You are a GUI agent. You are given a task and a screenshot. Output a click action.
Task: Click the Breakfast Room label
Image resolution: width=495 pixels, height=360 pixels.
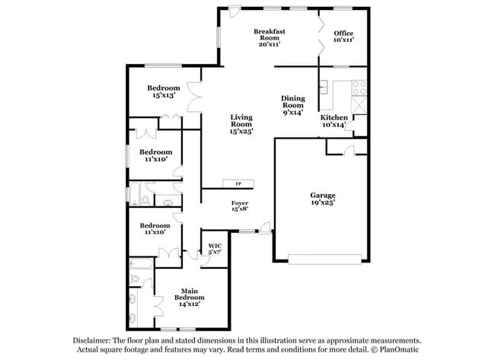[270, 34]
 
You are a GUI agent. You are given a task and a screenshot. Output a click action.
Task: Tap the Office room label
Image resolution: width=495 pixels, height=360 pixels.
[343, 34]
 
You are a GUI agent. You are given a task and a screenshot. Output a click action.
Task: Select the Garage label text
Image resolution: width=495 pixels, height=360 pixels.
[322, 196]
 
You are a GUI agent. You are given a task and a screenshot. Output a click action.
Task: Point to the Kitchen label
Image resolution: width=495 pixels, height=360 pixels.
[334, 117]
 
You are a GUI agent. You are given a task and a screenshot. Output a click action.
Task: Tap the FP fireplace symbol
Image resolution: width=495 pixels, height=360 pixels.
[238, 184]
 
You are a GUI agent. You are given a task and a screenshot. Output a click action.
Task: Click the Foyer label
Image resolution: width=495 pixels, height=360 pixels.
[240, 203]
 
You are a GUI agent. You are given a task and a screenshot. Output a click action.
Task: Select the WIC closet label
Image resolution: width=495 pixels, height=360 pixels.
[215, 246]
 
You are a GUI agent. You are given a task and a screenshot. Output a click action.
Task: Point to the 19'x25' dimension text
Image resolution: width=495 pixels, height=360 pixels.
[323, 203]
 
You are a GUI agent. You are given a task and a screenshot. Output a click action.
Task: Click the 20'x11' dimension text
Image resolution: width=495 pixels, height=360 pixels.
[270, 44]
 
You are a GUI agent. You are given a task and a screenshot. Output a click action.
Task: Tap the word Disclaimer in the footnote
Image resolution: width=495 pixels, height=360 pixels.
[92, 342]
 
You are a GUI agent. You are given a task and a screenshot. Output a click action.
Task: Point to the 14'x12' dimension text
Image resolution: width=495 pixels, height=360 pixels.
[189, 304]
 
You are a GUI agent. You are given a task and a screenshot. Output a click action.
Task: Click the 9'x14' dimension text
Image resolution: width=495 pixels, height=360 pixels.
[293, 113]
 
